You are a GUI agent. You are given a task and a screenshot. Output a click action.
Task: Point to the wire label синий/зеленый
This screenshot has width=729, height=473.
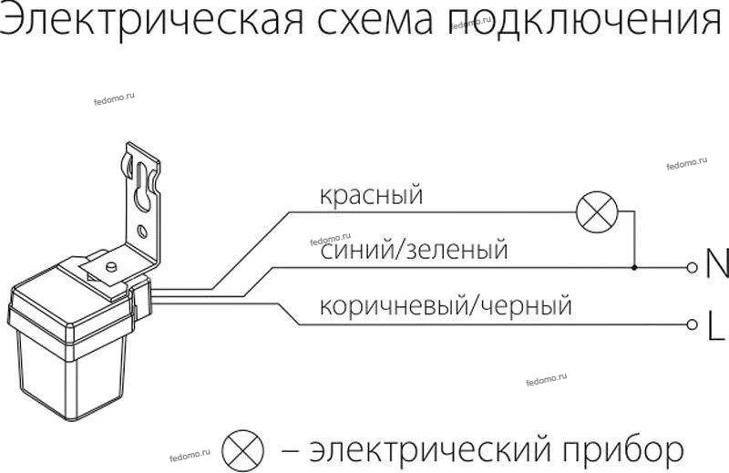point(415,249)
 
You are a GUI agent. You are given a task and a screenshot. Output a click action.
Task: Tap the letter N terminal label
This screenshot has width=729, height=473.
point(717,267)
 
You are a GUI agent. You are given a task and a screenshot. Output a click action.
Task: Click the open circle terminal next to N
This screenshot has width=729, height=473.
point(693,268)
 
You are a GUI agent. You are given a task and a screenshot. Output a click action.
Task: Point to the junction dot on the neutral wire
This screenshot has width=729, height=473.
point(634,268)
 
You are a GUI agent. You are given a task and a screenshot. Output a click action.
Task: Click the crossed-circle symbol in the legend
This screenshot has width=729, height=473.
point(243,449)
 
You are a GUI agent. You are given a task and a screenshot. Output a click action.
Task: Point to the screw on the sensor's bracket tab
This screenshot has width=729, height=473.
point(109,266)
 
